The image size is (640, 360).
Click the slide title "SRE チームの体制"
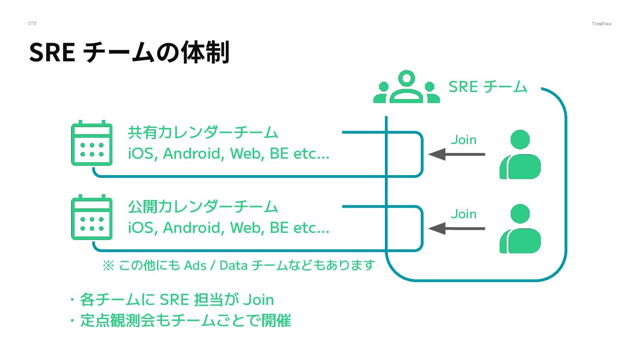129,52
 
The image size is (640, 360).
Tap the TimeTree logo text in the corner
601,24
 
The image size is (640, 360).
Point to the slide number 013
32,23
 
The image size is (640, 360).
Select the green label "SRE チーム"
488,87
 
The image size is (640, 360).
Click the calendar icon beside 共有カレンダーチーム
92,143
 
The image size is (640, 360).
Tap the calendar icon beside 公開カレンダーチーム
92,217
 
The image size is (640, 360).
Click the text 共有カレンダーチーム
203,132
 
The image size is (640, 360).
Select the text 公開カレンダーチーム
203,207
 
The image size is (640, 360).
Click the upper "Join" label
464,140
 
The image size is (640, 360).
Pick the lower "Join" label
464,214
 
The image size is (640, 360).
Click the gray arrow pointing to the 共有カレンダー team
456,154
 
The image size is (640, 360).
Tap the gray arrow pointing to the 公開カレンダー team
456,228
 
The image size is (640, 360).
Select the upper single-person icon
520,154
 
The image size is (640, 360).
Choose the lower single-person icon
520,228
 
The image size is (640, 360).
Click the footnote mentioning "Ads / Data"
239,265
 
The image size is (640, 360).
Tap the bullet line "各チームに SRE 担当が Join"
176,300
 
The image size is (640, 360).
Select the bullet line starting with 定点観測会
185,320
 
